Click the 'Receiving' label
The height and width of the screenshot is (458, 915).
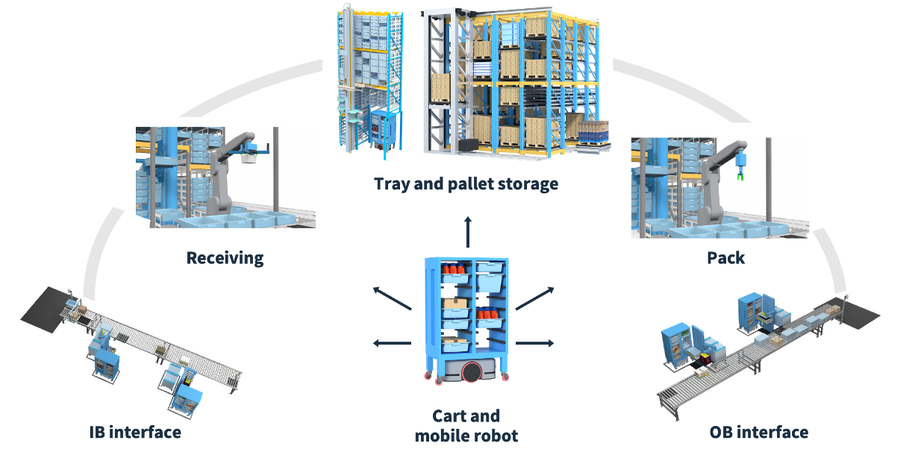tap(225, 258)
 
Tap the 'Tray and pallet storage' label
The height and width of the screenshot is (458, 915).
tap(466, 183)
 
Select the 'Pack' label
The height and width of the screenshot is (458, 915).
tap(725, 257)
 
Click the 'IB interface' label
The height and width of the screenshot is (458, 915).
tap(135, 432)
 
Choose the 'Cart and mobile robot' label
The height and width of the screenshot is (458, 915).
tap(466, 425)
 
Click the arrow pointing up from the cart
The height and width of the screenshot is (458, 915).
tap(468, 230)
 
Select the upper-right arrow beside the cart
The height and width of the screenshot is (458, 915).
tap(535, 298)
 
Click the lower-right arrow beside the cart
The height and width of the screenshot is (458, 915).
tap(535, 343)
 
